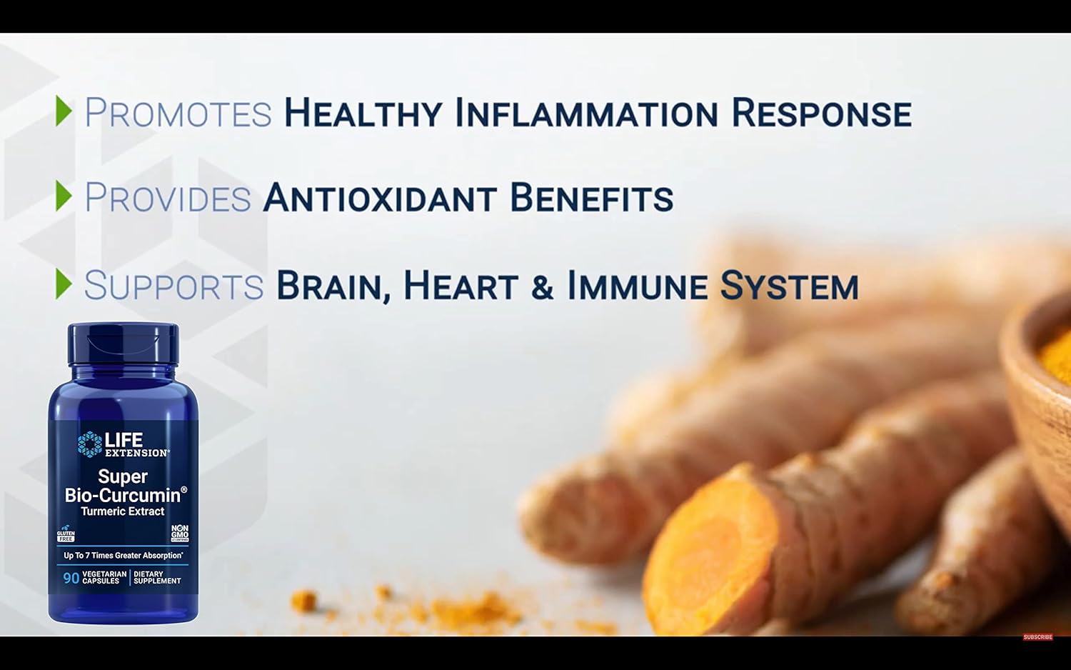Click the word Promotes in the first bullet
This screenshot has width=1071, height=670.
click(x=178, y=114)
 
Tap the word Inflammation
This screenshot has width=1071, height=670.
click(x=586, y=114)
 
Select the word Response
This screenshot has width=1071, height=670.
click(x=821, y=114)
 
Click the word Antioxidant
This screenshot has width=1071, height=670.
click(x=380, y=198)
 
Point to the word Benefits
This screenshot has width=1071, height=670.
click(x=591, y=198)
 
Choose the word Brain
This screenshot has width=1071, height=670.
click(x=333, y=286)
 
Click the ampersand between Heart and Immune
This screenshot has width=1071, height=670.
click(x=542, y=287)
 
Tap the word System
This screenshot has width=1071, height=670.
click(x=789, y=286)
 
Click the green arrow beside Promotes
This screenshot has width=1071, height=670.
click(x=64, y=111)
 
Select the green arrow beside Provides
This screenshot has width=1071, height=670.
click(x=64, y=196)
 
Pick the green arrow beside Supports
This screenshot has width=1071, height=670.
click(x=64, y=284)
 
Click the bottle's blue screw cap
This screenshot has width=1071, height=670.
click(x=123, y=344)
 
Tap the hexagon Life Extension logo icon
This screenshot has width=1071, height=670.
click(x=89, y=444)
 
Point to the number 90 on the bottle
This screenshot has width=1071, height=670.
click(x=71, y=578)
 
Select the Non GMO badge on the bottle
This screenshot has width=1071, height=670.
click(x=180, y=533)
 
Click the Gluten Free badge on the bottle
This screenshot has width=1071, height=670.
click(x=66, y=534)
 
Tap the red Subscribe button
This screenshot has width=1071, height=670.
click(x=1037, y=637)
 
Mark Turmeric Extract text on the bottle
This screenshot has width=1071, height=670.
click(x=123, y=511)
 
